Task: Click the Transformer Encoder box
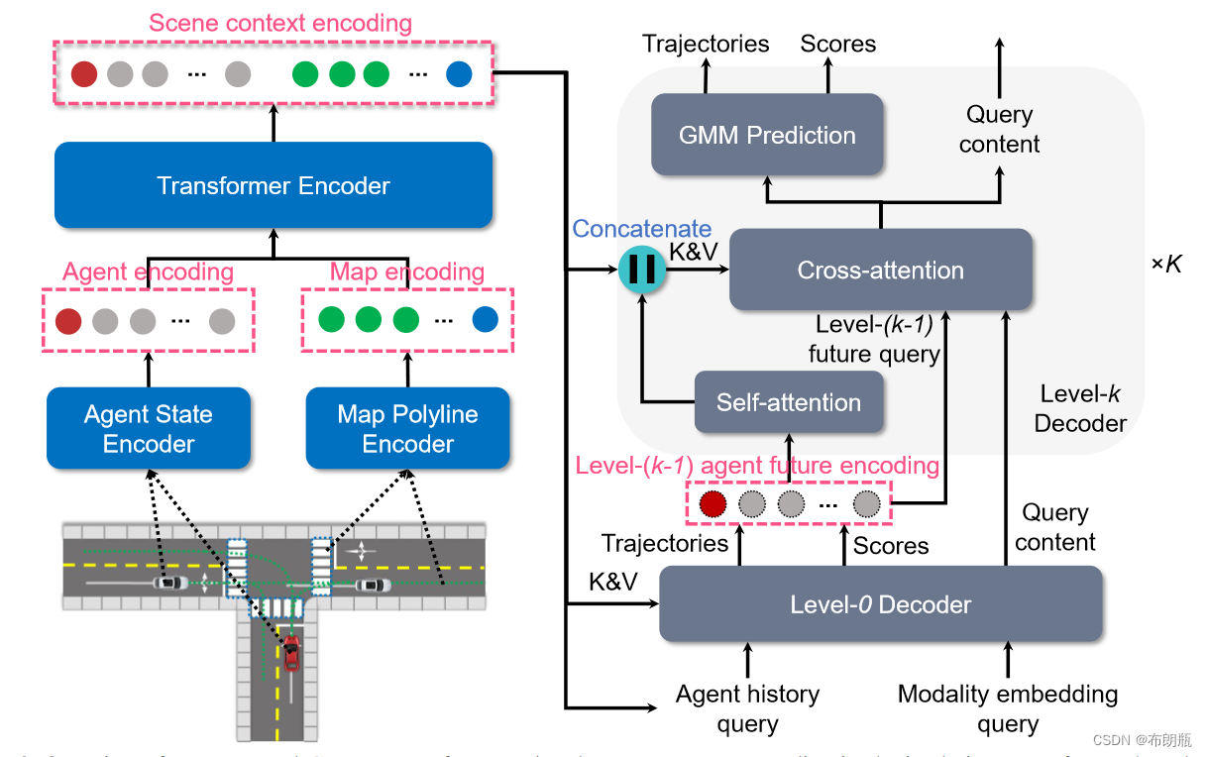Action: [274, 185]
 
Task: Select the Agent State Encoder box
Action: [149, 428]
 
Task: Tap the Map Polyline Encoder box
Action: [407, 428]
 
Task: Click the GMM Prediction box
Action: [767, 136]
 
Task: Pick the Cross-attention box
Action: [880, 270]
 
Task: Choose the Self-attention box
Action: [789, 402]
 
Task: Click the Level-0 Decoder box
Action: [880, 604]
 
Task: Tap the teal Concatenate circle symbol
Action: [643, 269]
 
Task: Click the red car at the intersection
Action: [291, 654]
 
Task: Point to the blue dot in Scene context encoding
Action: [459, 74]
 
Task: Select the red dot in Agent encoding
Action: [68, 321]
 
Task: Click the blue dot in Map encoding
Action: [485, 320]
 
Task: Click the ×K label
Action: [1165, 266]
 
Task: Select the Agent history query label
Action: [747, 709]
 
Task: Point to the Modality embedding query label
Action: [1008, 709]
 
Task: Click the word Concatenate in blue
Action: [642, 229]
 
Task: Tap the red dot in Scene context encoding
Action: [84, 74]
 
